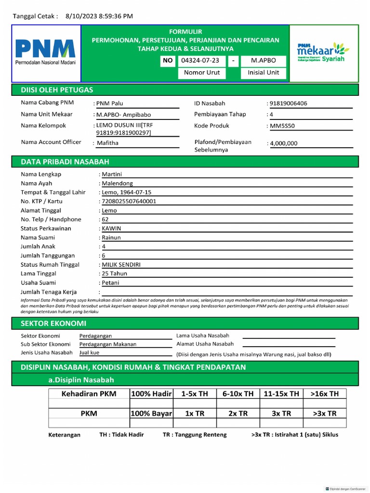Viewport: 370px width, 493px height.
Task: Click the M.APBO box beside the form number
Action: (x=263, y=61)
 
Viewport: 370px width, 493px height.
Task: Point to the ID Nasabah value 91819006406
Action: (x=288, y=103)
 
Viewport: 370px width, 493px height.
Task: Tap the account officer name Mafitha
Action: (x=107, y=143)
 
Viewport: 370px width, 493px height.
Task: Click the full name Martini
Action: (x=112, y=174)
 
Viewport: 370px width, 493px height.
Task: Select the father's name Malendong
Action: (x=117, y=183)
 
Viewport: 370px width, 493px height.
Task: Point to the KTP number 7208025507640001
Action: (x=129, y=201)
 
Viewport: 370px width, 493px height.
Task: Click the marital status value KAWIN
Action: (x=111, y=228)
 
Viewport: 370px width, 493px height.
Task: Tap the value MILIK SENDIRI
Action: (x=121, y=264)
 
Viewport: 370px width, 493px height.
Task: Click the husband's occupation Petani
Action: (x=110, y=283)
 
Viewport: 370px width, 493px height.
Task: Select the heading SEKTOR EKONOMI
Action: (x=53, y=323)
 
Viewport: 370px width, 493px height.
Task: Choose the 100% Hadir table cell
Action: (x=151, y=394)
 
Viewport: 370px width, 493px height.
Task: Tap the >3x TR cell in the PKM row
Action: (x=325, y=413)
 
